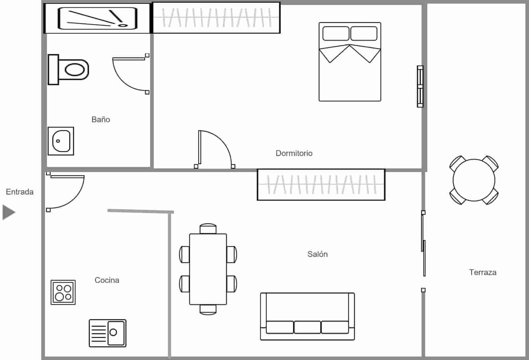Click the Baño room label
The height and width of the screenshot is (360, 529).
101,119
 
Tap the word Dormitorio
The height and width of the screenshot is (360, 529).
294,153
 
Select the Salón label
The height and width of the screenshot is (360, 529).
317,254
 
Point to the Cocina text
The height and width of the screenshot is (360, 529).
107,280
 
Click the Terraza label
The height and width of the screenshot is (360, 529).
482,272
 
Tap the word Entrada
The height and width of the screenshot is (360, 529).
20,192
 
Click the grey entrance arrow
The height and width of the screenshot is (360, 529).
9,212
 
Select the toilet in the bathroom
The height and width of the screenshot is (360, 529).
69,70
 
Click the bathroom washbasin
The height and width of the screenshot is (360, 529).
61,141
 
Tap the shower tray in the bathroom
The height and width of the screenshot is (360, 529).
97,18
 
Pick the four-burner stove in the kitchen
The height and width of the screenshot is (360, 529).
63,292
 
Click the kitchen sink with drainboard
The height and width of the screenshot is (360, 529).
107,333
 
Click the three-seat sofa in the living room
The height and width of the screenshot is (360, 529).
307,316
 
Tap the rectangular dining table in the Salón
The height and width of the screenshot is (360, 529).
208,269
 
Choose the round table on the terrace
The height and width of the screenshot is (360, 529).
474,180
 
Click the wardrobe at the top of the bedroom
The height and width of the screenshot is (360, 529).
217,18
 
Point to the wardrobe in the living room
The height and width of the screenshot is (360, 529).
321,185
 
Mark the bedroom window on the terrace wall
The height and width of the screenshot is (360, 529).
420,86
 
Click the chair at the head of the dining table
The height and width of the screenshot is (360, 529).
208,229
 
